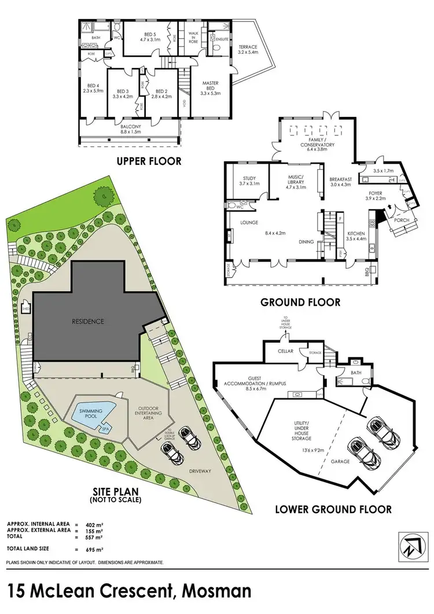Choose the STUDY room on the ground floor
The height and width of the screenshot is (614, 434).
246,180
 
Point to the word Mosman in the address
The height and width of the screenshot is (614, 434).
216,591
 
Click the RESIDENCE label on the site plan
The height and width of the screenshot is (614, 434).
88,321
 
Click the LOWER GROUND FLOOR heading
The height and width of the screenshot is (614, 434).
333,509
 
